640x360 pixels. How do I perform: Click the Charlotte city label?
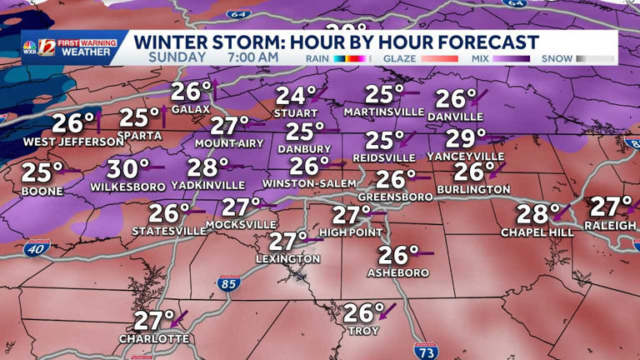coord(154,339)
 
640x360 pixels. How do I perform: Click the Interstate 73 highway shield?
coord(426,352)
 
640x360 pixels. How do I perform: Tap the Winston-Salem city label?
coord(309,183)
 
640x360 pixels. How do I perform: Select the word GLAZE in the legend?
coord(399,58)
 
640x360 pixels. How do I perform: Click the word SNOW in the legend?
coord(557,58)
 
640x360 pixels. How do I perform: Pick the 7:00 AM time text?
coord(252,57)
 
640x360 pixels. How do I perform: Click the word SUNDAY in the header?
coord(177,57)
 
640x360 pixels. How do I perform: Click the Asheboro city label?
coord(398,272)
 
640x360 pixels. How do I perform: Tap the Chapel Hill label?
coord(537,232)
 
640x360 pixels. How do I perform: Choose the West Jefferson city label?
coord(73,142)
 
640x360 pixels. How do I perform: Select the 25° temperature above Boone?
coord(42,173)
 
